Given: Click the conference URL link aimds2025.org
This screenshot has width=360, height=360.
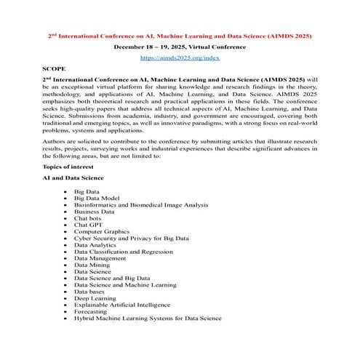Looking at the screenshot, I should pos(180,57).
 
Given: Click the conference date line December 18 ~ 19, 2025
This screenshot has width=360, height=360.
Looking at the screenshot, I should pos(180,46).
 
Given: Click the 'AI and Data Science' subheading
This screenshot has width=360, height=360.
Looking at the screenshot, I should pos(73,177).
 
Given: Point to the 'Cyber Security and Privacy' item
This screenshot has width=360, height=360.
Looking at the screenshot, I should pos(131,238).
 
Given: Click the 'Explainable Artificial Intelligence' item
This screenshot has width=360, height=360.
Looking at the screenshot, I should pos(122,305).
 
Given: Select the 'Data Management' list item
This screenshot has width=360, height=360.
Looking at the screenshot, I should pos(100,258).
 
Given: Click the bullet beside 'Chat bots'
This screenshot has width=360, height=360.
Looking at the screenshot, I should pos(66,217).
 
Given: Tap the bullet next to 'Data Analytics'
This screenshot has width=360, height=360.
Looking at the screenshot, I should pos(66,244).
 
